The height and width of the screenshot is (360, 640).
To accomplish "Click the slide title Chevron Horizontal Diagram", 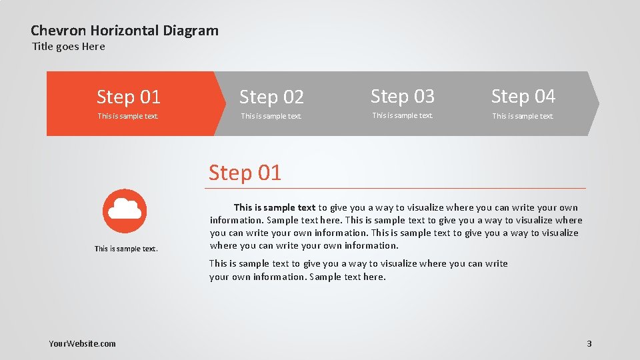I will pos(125,30).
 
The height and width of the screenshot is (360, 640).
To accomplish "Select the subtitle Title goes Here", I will pos(69,47).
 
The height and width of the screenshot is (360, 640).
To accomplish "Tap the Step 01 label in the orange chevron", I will pos(129,97).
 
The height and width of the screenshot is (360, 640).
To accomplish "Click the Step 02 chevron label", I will pos(271,97).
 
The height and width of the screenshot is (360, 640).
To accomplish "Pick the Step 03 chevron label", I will pos(402,97).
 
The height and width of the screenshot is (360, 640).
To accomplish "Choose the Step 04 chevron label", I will pos(523,97).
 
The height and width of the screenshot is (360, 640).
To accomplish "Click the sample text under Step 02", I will pos(271,117).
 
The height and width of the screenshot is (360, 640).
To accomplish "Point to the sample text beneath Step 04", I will pos(523,117).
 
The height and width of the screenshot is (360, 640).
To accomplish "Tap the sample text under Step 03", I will pos(402,116).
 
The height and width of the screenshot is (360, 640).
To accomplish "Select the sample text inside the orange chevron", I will pos(128,117).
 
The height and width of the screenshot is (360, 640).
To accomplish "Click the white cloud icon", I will pos(125,209).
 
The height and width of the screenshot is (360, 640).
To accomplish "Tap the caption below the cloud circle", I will pos(126,249).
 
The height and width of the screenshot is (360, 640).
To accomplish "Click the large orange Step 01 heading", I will pos(245,173).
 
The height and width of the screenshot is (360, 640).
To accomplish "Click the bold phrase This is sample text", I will pos(274,208).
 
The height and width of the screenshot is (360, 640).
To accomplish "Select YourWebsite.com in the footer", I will pos(82,344).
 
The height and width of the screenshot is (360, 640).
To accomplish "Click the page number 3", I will pos(589,344).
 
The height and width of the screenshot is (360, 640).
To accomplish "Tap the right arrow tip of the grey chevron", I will pos(597,103).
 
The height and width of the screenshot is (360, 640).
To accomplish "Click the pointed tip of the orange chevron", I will pos(225,103).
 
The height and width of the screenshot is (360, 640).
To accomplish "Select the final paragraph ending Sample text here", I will pos(358,270).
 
